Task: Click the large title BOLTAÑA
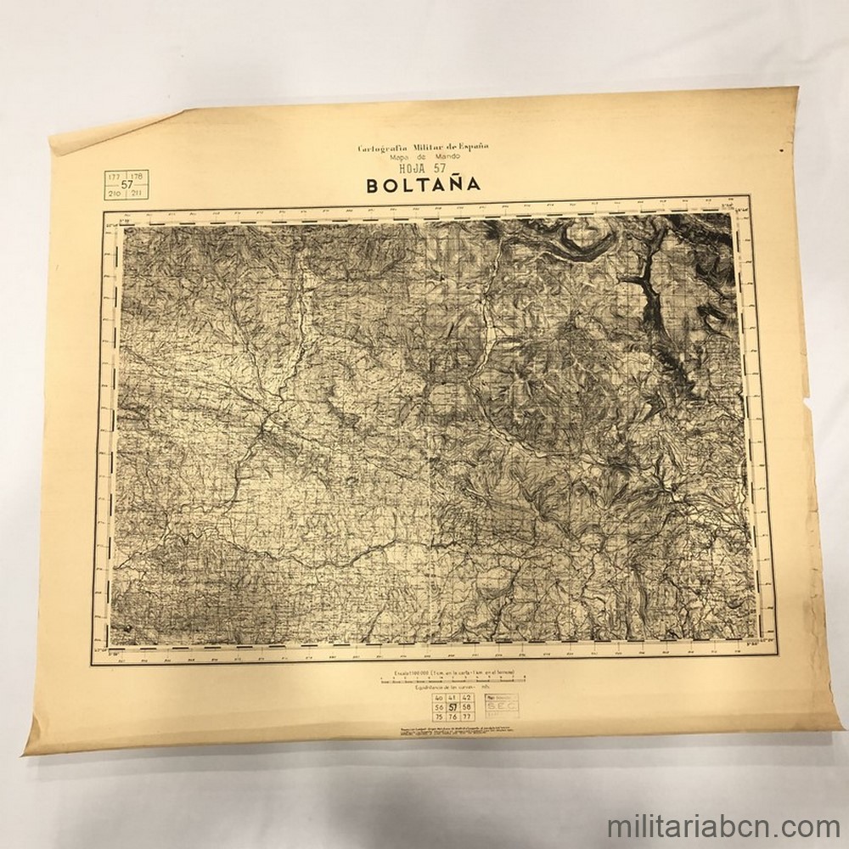(x=423, y=183)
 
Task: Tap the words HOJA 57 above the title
(x=422, y=167)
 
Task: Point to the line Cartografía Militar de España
(x=423, y=148)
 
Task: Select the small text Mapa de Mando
(x=422, y=157)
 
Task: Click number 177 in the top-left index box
(x=114, y=176)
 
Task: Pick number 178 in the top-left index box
(x=139, y=176)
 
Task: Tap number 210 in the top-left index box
(x=114, y=194)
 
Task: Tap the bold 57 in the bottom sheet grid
(x=453, y=706)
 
